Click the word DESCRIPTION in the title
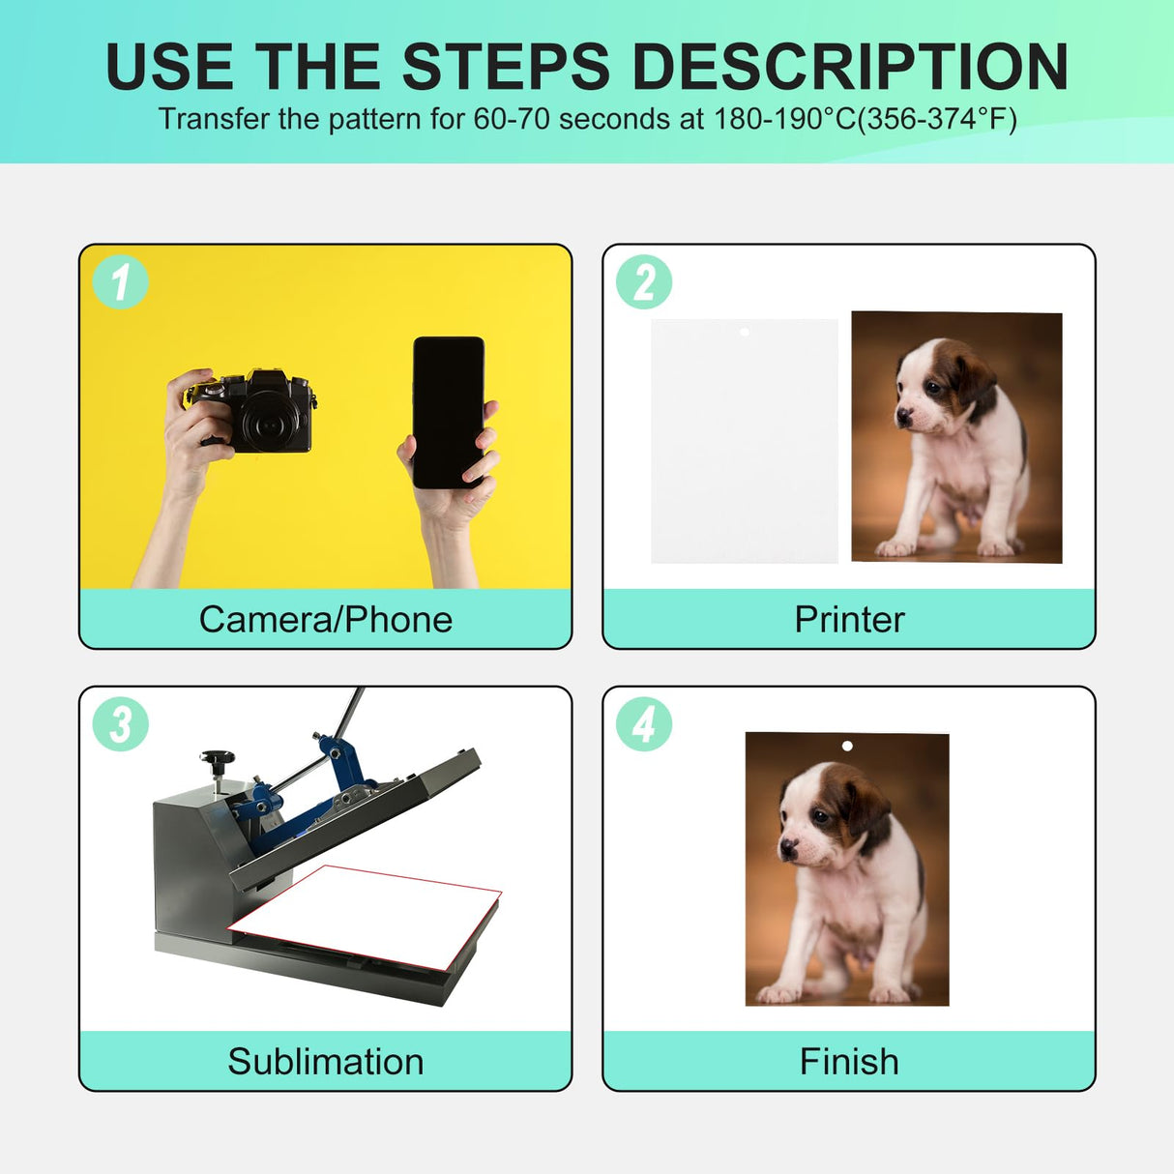[850, 67]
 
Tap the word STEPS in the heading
[506, 67]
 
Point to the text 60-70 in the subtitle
[513, 119]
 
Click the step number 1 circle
[120, 281]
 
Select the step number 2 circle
[644, 281]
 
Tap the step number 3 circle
[120, 723]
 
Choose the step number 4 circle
[644, 723]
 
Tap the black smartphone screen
[449, 412]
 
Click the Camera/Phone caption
[325, 620]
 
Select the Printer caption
[849, 620]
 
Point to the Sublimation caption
[325, 1062]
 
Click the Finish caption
[849, 1062]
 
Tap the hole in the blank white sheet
[744, 332]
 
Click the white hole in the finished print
[847, 746]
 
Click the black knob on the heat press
[217, 758]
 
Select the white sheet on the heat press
[365, 917]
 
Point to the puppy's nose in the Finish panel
[788, 845]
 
